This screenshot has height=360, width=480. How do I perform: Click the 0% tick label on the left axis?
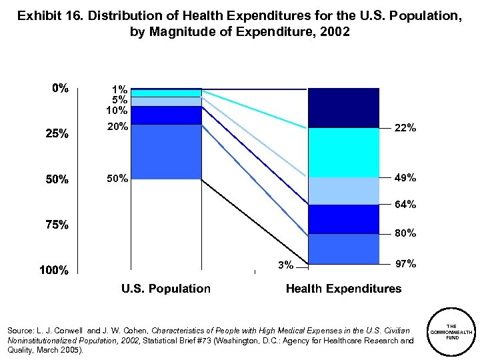[x=61, y=89]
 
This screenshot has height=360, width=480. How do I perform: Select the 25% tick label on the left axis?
[x=57, y=134]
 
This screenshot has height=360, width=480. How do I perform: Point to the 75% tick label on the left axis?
[x=57, y=225]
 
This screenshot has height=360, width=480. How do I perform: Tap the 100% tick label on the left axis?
[x=54, y=271]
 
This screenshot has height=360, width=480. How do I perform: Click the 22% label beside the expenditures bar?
[x=405, y=129]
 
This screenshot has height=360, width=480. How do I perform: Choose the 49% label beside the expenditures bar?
[x=405, y=178]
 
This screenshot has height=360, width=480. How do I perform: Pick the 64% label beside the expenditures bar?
[x=405, y=205]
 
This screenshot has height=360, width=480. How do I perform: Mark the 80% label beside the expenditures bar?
[x=405, y=233]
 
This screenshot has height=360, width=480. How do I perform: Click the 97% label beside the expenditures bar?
[x=405, y=265]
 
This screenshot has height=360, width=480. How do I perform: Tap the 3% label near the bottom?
[x=285, y=265]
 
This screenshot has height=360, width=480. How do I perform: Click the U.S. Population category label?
[x=165, y=289]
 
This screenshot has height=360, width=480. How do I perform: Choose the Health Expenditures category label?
[x=343, y=289]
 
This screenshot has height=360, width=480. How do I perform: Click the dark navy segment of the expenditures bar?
[x=343, y=107]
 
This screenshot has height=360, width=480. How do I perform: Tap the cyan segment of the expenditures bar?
[x=343, y=152]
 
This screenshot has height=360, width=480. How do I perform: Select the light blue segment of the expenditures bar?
[x=343, y=191]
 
